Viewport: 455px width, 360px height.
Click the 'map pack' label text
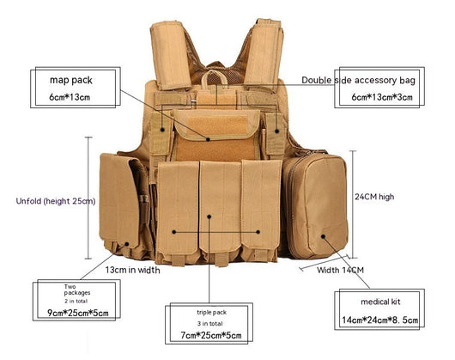(x=71, y=80)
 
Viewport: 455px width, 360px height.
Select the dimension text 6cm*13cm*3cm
(x=382, y=97)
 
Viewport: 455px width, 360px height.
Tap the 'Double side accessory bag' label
(x=358, y=80)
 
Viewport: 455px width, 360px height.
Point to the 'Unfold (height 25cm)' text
(x=56, y=201)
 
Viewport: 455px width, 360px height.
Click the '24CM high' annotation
(x=374, y=197)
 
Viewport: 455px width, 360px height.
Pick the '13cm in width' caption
(x=132, y=270)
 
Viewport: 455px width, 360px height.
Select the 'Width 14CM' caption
(x=340, y=271)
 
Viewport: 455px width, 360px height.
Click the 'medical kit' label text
(x=380, y=302)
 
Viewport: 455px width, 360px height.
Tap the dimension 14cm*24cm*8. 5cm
(x=379, y=320)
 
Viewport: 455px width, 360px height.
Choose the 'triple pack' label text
(x=211, y=313)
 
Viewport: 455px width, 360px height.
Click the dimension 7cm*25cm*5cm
(x=211, y=336)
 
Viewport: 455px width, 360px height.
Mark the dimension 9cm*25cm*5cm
(x=78, y=313)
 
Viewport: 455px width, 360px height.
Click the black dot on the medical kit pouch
(x=323, y=236)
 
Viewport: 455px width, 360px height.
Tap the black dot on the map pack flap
(x=208, y=139)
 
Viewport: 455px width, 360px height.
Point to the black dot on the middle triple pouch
(x=209, y=217)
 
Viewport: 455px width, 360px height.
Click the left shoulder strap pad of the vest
(x=171, y=55)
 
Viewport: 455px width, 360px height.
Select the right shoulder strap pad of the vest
(x=264, y=52)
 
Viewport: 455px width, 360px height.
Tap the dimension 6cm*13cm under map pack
(x=70, y=97)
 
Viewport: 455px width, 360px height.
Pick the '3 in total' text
(x=210, y=323)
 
